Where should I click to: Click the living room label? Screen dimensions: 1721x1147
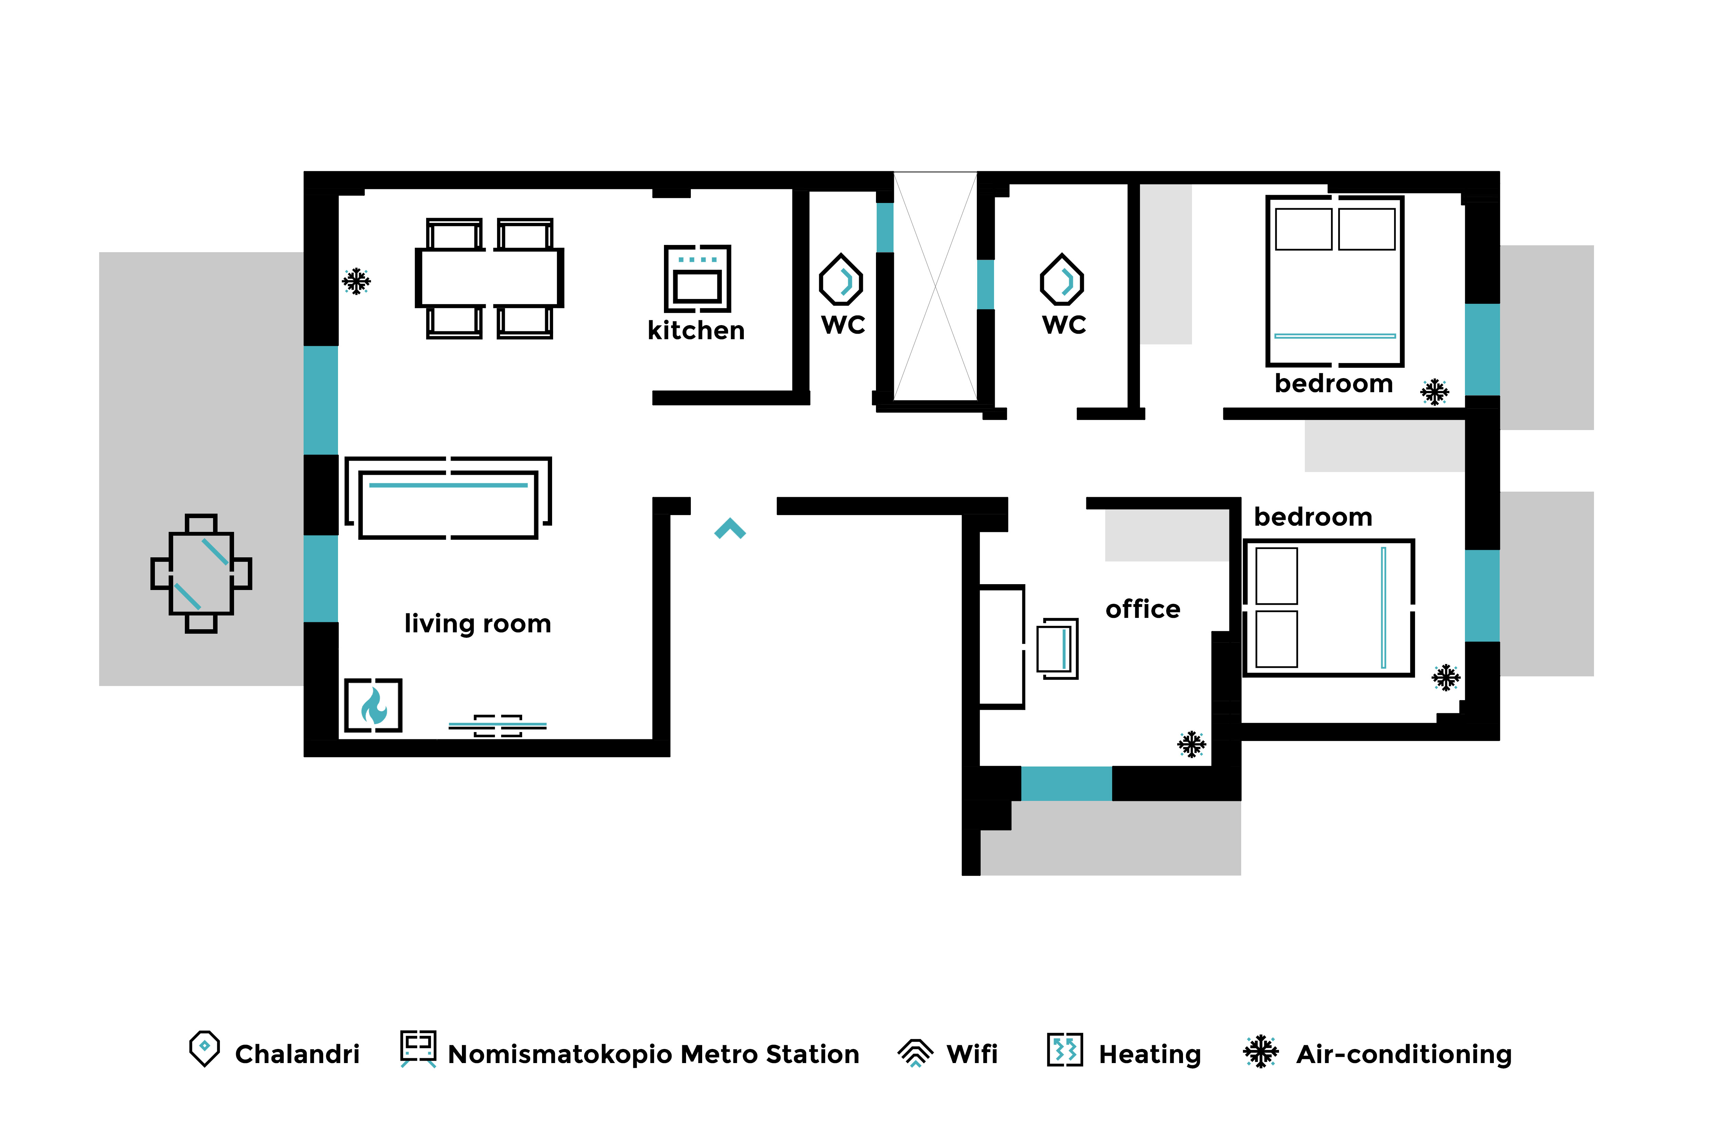click(x=478, y=624)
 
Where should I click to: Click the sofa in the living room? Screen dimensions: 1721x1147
click(x=448, y=498)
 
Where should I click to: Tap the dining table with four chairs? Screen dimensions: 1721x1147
click(x=489, y=278)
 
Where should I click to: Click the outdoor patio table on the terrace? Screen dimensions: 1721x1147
click(x=201, y=573)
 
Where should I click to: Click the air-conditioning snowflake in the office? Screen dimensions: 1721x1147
click(x=1191, y=744)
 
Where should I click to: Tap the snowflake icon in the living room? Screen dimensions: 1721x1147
click(x=356, y=281)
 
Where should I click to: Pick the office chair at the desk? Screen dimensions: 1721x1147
click(x=1057, y=648)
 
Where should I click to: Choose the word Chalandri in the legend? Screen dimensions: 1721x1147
click(x=297, y=1054)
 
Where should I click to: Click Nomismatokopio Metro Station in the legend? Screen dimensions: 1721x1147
click(x=653, y=1054)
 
